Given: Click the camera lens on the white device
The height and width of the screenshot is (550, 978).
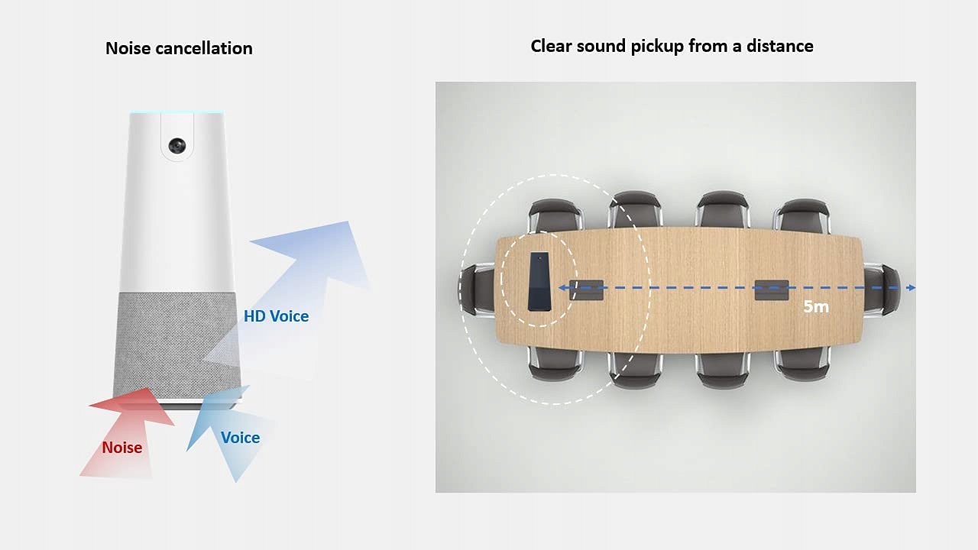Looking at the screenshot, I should [x=177, y=145].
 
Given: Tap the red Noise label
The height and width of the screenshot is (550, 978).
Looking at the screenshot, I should [x=122, y=448].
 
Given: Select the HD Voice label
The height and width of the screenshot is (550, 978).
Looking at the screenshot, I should [x=276, y=315].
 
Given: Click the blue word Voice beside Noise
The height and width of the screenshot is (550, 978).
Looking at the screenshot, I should [x=240, y=438].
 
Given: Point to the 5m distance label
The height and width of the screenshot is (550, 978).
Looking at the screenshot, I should [x=816, y=307].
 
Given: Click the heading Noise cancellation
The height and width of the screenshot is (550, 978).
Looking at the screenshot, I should [x=179, y=48].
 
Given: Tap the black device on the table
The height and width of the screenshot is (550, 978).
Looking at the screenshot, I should [x=540, y=281].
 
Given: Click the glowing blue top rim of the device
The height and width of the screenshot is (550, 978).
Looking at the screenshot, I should [x=176, y=113].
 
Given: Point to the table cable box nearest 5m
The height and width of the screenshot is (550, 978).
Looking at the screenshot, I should [x=772, y=290].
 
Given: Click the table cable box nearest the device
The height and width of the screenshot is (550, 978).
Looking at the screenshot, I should [x=587, y=290].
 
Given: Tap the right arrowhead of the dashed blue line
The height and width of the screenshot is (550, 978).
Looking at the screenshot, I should [x=911, y=288].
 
